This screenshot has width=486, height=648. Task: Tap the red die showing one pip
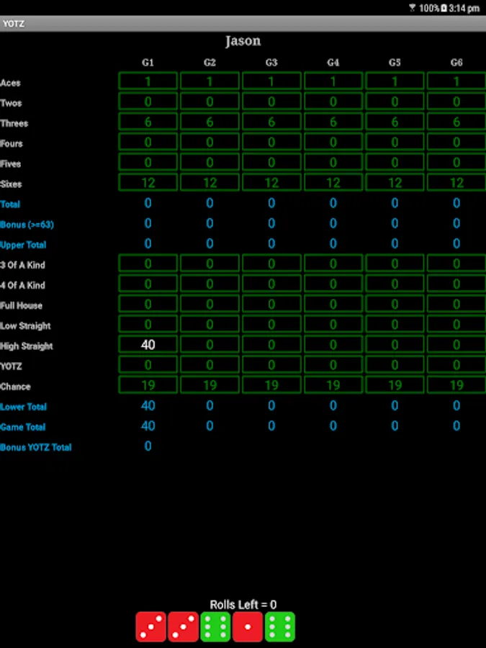click(248, 626)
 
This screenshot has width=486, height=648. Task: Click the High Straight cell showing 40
click(148, 344)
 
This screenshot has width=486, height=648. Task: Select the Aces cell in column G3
click(271, 81)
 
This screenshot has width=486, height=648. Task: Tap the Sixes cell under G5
click(395, 182)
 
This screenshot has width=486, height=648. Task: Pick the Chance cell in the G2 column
click(210, 384)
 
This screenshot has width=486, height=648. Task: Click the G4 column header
click(333, 63)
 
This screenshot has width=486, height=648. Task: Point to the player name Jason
click(243, 41)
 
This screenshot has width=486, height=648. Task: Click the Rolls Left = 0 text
click(243, 605)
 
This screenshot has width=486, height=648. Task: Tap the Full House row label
click(21, 306)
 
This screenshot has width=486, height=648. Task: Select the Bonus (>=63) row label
click(27, 225)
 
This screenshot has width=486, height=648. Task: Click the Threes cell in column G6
click(456, 122)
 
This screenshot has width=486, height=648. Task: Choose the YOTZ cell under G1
click(148, 364)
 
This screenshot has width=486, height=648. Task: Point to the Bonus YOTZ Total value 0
click(148, 446)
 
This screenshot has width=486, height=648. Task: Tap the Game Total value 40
click(148, 426)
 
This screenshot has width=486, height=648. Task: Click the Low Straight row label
click(25, 326)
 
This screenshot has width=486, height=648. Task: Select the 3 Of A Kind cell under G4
click(333, 264)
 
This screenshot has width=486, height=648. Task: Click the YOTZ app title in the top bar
click(13, 24)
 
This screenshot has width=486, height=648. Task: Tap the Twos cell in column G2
click(210, 102)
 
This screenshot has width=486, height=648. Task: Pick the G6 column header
click(456, 63)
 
